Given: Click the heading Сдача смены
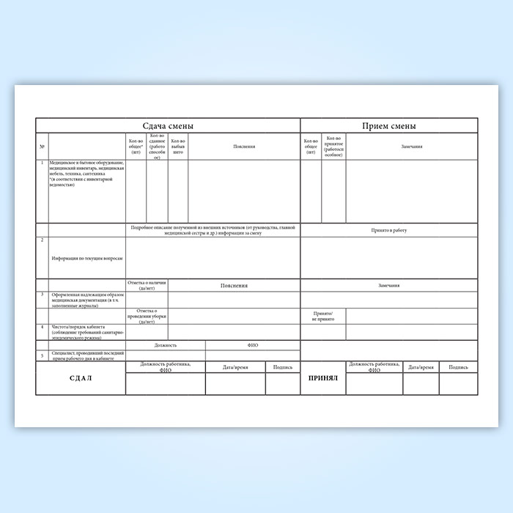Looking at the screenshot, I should [x=168, y=126].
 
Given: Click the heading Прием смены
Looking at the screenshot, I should [x=389, y=126].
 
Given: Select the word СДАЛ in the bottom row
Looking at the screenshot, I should [x=81, y=379].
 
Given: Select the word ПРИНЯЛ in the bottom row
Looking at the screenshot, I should [x=323, y=379].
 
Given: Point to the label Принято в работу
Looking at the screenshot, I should [x=389, y=230].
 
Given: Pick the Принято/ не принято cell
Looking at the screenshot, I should [x=323, y=316].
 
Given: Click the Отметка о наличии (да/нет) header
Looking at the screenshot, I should [x=147, y=285].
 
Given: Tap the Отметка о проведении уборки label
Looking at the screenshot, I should [x=147, y=316].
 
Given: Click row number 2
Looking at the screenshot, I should [x=43, y=240].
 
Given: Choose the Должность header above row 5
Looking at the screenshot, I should [x=166, y=344].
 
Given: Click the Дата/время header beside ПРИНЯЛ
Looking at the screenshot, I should [x=421, y=366].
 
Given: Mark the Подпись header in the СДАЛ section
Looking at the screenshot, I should [x=282, y=366].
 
